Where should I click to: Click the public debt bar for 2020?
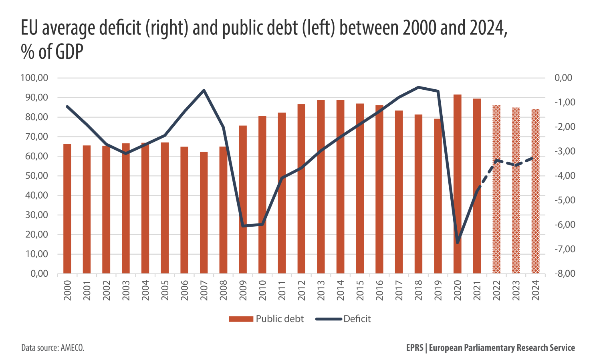click(457, 184)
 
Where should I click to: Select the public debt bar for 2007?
click(204, 213)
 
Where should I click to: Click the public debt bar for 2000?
click(67, 209)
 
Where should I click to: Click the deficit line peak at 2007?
click(204, 90)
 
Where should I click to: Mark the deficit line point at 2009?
click(243, 226)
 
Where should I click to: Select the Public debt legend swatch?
click(241, 319)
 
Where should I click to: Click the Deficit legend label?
click(357, 319)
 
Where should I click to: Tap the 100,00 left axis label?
click(34, 78)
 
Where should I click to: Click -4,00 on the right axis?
click(563, 176)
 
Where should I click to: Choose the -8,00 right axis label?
click(563, 274)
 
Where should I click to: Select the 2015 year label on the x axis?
click(360, 290)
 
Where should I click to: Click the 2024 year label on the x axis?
click(535, 290)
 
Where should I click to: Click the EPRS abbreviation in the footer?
click(414, 348)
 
